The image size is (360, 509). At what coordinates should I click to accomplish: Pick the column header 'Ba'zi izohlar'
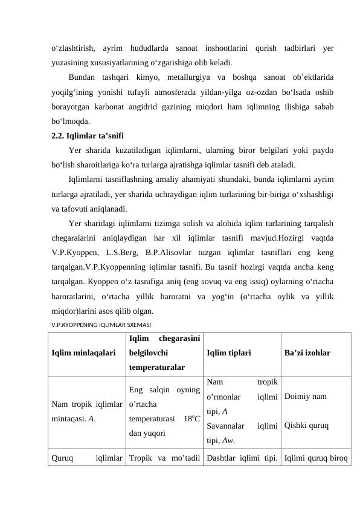point(307,351)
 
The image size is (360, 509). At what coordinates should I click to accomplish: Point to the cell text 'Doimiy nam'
point(306,397)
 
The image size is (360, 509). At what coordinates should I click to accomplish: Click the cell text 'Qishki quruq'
point(306,424)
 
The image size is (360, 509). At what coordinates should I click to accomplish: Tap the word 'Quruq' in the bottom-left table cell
point(63,458)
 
